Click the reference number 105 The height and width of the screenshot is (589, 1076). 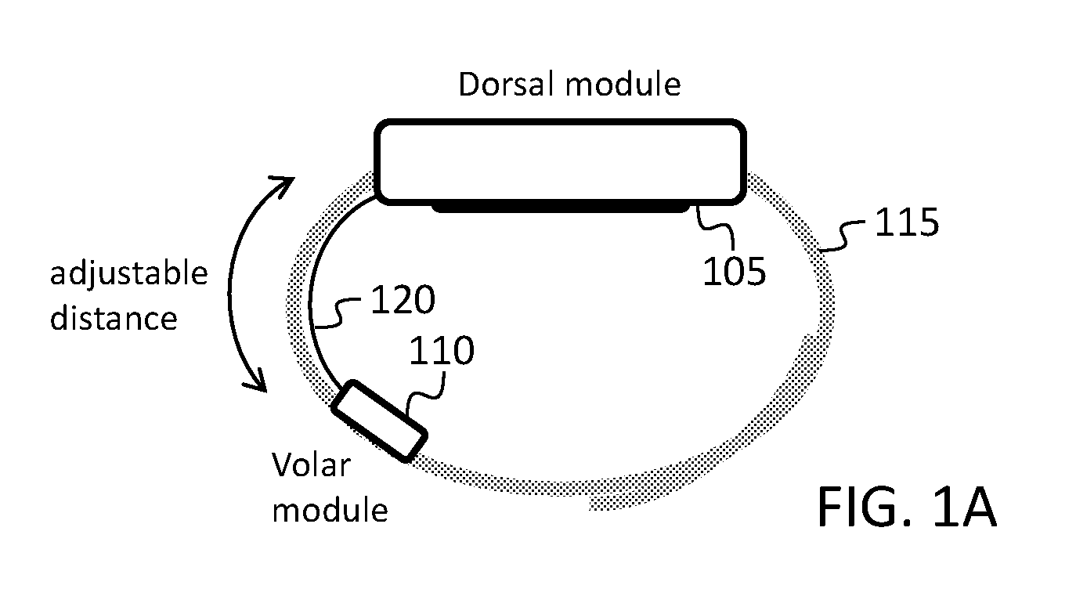[x=734, y=272]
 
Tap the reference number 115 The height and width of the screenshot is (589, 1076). [x=906, y=222]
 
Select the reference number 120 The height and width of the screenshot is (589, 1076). [x=403, y=299]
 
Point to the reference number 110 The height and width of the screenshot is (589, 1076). [x=442, y=350]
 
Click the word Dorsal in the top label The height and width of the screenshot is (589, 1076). [x=507, y=85]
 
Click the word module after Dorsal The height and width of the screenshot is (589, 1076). [x=623, y=85]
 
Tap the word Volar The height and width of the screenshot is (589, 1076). [x=311, y=465]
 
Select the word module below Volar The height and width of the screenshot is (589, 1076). [x=330, y=510]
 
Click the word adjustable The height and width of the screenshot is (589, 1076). [x=128, y=274]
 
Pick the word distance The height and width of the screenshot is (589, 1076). [x=114, y=318]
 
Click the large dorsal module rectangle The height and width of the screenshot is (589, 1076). [x=560, y=162]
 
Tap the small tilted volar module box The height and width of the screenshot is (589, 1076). [x=379, y=421]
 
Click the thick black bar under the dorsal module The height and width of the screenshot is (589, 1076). [x=561, y=208]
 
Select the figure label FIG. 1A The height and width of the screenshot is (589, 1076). [x=907, y=507]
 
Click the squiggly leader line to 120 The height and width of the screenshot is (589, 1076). [x=338, y=313]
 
